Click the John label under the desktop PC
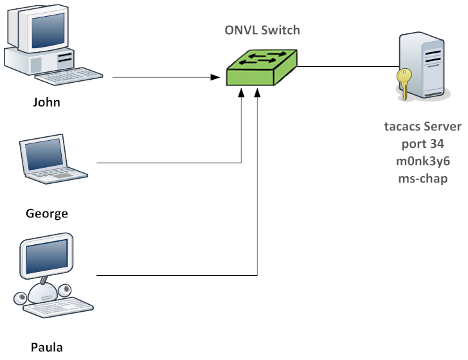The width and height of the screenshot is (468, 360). [x=46, y=102]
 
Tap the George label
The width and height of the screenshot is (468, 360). [x=47, y=213]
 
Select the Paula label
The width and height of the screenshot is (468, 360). [x=47, y=347]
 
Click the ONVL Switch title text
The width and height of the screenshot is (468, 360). [x=262, y=30]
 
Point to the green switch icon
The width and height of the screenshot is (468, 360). [x=262, y=67]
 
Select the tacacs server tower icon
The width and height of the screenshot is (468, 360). [x=422, y=66]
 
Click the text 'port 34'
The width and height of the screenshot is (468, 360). [x=422, y=144]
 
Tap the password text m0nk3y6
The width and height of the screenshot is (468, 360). [x=422, y=161]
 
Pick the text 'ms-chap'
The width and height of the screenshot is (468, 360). [x=422, y=179]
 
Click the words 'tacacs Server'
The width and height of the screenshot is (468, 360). [x=422, y=127]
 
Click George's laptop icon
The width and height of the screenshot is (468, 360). [x=53, y=159]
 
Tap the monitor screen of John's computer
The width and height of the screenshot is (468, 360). [x=48, y=30]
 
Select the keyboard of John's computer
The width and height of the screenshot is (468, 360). [x=69, y=76]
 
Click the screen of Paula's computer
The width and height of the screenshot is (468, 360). [x=47, y=256]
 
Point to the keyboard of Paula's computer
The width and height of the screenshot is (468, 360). [x=59, y=307]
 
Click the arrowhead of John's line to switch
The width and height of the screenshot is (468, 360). [x=215, y=77]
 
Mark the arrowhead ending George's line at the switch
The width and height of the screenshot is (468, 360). [x=241, y=93]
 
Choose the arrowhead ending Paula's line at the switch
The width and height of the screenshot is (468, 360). [x=257, y=93]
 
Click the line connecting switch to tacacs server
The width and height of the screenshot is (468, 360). [x=348, y=67]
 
